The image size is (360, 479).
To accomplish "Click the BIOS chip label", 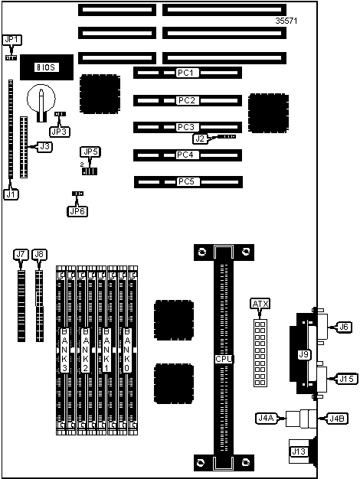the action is [x=47, y=67].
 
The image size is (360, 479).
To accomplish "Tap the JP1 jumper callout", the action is [x=12, y=40].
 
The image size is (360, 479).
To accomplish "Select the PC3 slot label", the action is [x=187, y=127].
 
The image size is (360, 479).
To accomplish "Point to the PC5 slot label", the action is [x=187, y=181].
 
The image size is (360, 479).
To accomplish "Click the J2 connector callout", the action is [x=200, y=138].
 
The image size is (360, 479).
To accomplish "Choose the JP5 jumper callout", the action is [x=90, y=152].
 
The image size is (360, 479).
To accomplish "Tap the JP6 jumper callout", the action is [x=77, y=211].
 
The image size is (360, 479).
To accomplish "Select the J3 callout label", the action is [x=44, y=147].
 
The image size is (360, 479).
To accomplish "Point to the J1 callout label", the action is [x=11, y=194].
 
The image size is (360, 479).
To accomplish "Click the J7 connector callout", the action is [x=21, y=255].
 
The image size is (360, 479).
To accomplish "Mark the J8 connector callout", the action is [x=40, y=255].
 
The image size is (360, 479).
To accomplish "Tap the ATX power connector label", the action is [x=260, y=304].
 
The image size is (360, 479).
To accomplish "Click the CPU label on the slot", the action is [x=224, y=359].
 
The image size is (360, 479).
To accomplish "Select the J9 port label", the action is [x=303, y=354].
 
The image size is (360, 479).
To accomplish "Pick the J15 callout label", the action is [x=347, y=379].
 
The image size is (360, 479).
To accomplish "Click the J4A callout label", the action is [x=266, y=419].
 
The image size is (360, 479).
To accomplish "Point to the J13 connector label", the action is [x=299, y=451].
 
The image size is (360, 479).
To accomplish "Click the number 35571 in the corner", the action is [x=286, y=21].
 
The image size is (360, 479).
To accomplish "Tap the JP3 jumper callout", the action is [x=60, y=132].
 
